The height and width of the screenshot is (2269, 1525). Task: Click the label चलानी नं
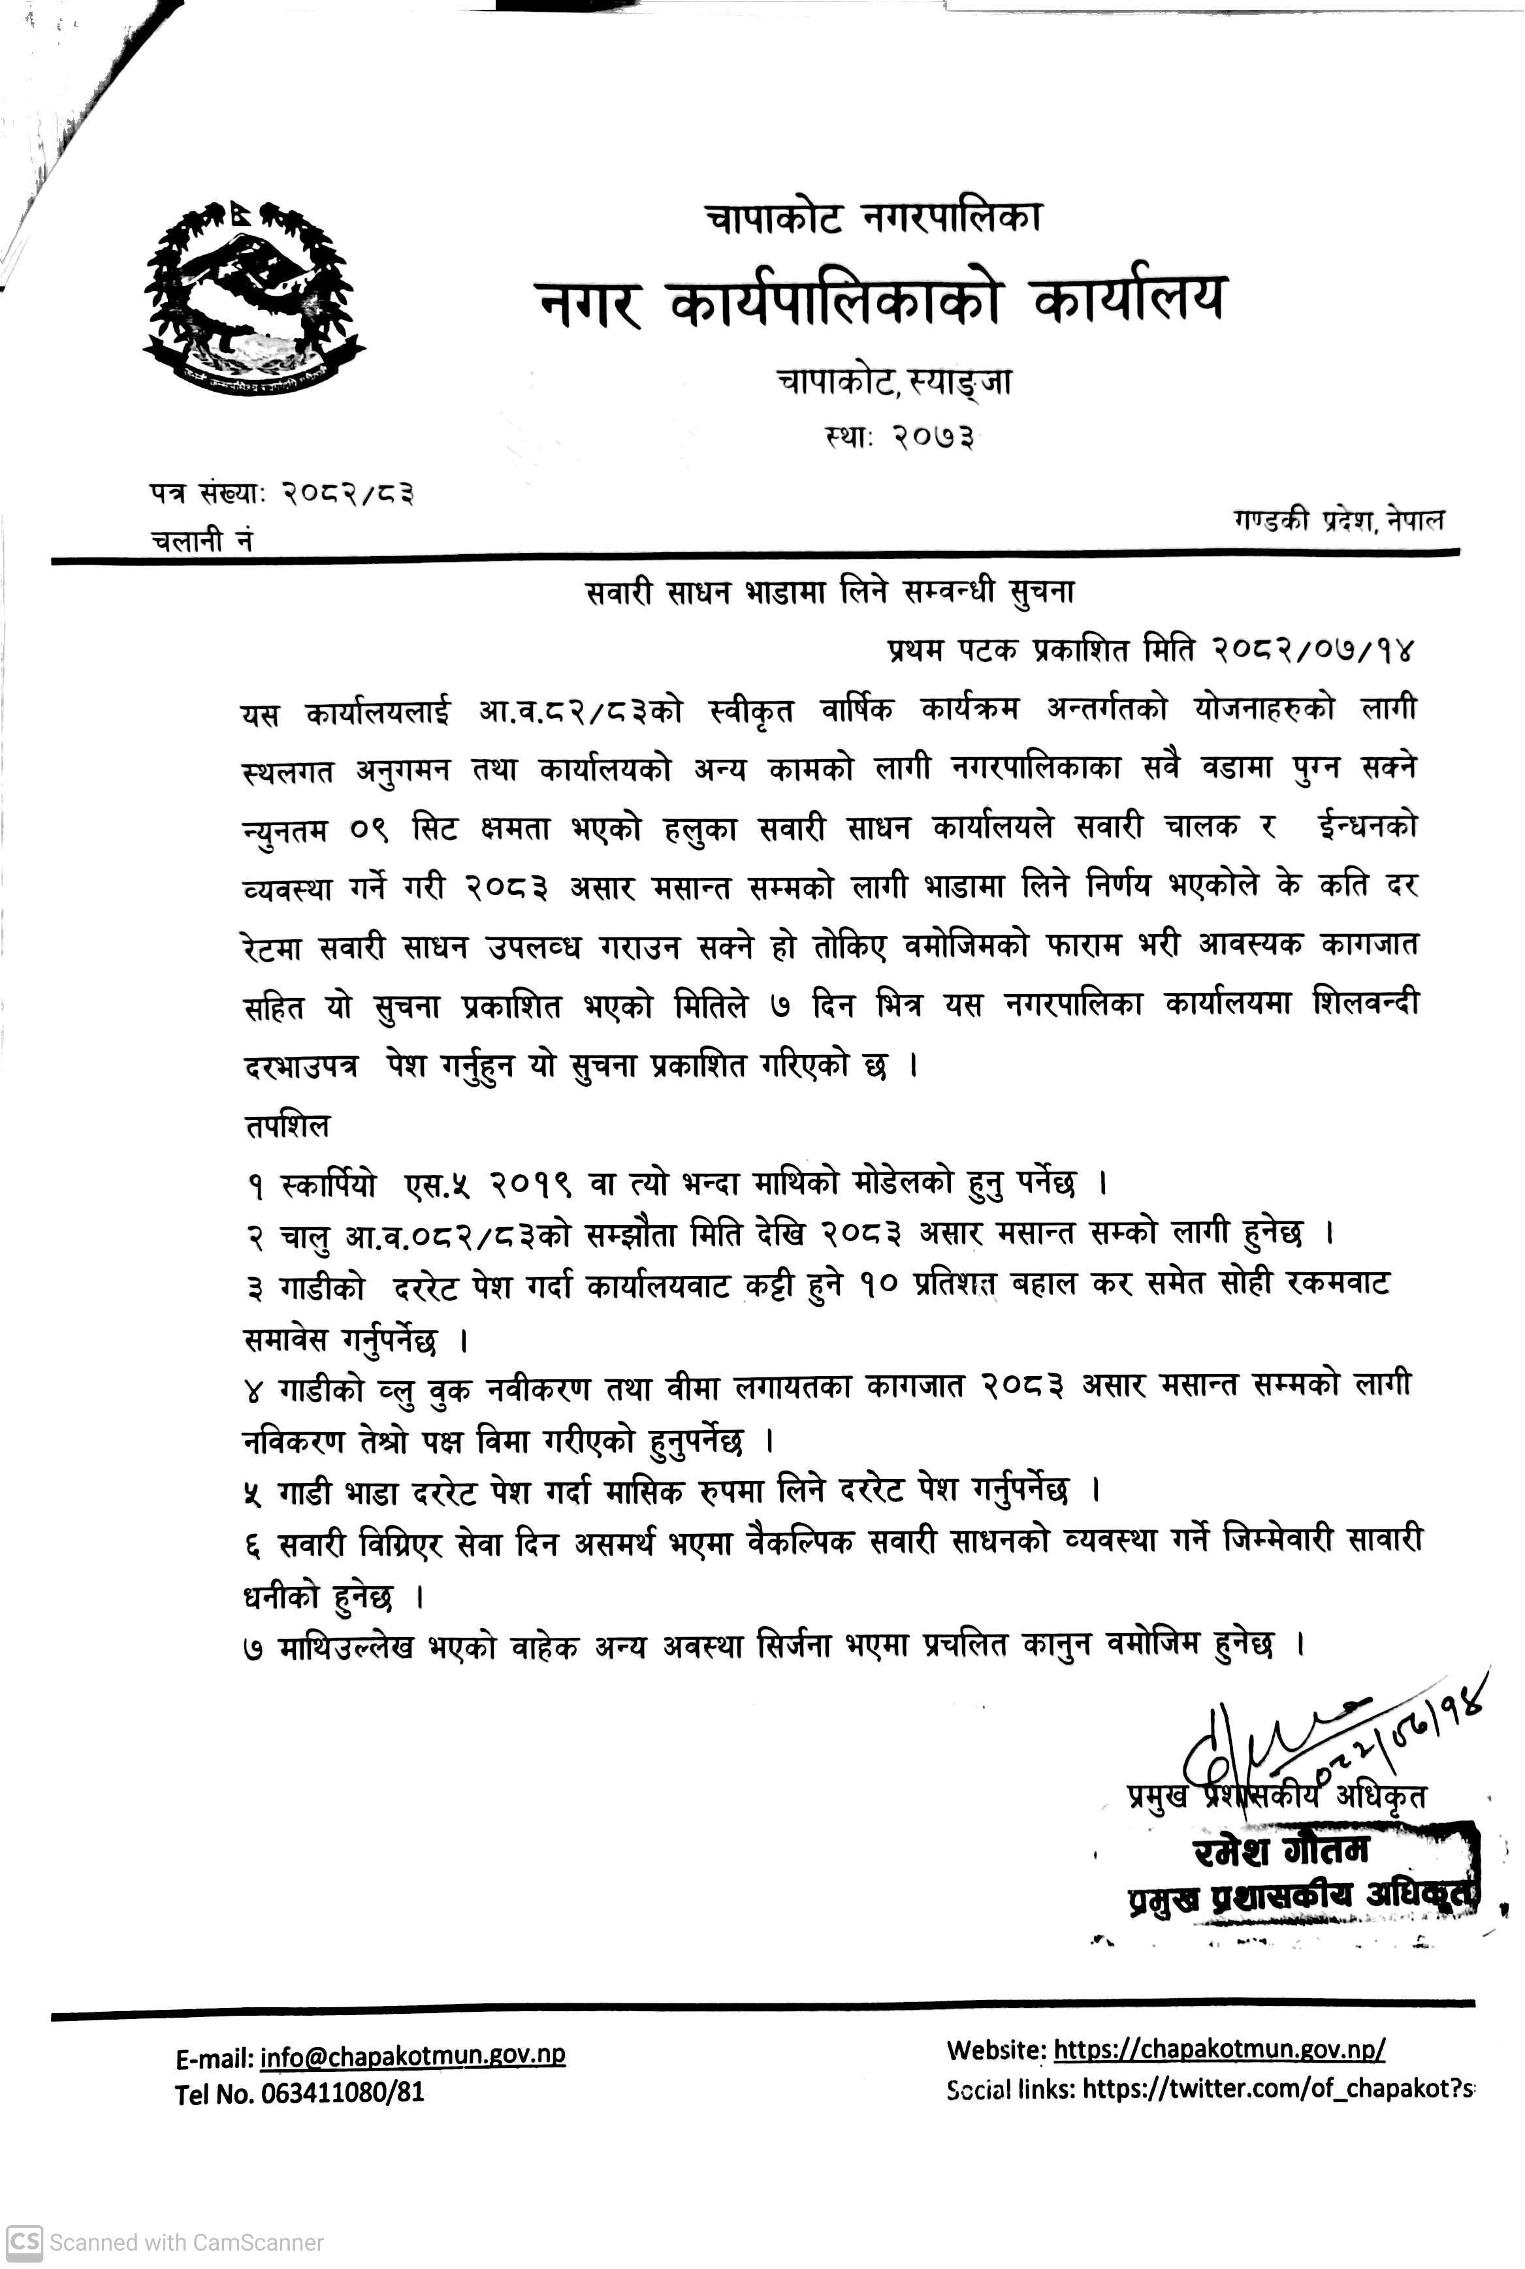click(201, 540)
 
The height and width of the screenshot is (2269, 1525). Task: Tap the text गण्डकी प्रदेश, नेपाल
click(1338, 520)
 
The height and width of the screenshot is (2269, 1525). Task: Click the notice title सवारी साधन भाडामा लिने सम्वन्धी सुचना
click(829, 591)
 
